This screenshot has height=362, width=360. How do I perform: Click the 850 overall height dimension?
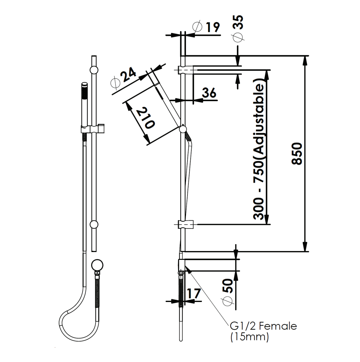297,153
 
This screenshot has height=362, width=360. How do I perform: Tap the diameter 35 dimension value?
239,23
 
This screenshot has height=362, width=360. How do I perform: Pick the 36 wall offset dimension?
209,93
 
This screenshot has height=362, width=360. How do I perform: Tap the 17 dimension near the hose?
193,294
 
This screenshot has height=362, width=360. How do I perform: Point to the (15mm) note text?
249,337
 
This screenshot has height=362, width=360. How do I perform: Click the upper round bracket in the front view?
94,70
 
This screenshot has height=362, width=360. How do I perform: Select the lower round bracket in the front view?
94,224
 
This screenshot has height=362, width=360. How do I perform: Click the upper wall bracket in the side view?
185,69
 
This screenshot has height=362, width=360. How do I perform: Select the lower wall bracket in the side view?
185,224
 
